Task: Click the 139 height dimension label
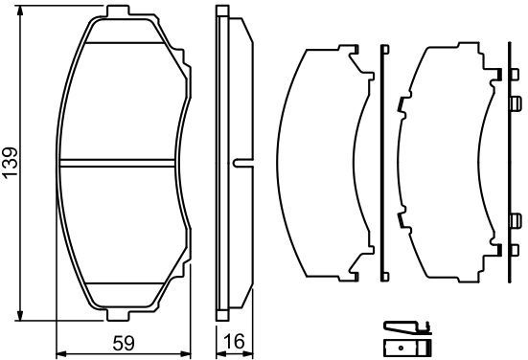(11, 162)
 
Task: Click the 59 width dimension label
(124, 343)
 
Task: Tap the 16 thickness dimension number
(234, 342)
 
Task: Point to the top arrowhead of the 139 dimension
(20, 11)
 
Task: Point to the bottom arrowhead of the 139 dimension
(20, 315)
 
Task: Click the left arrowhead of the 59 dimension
(61, 353)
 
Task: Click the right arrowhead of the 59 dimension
(186, 353)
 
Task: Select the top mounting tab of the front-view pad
(118, 11)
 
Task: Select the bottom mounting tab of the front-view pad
(118, 315)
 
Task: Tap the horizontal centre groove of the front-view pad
(117, 163)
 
